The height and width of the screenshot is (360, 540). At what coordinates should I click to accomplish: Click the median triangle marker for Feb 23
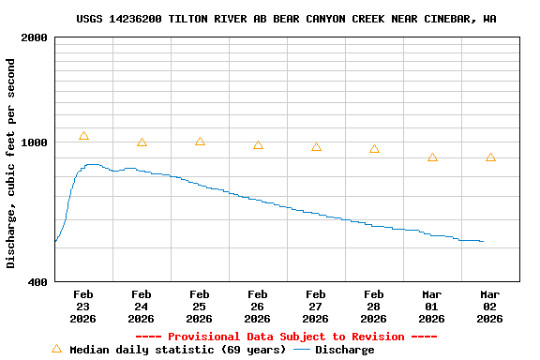pos(83,137)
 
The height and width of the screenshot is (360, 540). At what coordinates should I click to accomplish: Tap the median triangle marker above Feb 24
pos(142,142)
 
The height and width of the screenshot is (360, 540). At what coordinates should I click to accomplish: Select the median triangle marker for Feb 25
pos(200,142)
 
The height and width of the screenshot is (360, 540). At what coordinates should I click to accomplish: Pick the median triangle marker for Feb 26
pos(258,145)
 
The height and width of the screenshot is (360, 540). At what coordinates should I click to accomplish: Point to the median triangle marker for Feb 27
pos(316,147)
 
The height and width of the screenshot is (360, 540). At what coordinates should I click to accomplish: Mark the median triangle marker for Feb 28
pos(374,149)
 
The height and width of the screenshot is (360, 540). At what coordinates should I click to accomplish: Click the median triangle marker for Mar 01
pos(432,157)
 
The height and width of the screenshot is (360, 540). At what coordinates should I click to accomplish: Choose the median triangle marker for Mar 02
pos(490,157)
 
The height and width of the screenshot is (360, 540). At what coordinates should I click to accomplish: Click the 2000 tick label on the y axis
pos(35,38)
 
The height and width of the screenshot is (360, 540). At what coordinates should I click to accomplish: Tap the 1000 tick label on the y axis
pos(35,143)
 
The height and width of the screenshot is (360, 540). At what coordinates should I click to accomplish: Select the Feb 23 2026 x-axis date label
pos(83,307)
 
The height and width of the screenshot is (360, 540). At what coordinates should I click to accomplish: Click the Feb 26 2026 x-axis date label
pos(258,307)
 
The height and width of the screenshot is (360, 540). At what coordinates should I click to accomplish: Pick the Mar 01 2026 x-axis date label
pos(432,307)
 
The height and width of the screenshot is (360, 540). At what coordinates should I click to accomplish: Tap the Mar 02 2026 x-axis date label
pos(490,307)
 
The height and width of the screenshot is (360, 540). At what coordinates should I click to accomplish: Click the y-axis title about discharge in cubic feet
pos(11,163)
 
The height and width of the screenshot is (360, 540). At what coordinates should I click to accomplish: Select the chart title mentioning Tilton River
pos(287,19)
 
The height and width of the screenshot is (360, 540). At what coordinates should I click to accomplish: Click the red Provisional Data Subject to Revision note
pos(286,337)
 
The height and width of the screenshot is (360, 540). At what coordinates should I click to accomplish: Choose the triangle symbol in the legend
pos(56,349)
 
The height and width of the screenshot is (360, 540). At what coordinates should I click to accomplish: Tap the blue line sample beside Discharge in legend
pos(302,350)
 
